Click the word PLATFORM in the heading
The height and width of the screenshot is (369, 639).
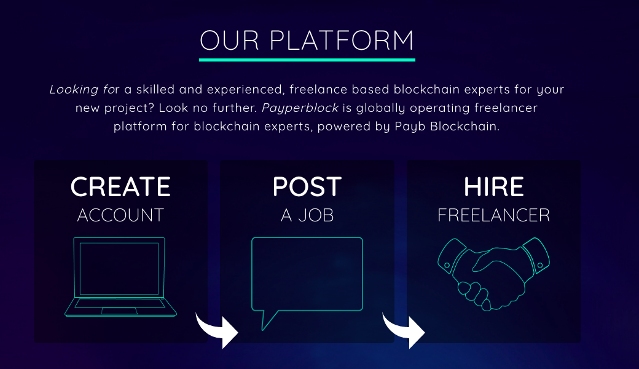(x=342, y=41)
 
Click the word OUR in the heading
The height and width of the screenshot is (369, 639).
(x=229, y=41)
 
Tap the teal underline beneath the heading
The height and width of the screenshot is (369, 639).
(x=307, y=60)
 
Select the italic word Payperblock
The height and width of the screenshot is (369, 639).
(x=300, y=108)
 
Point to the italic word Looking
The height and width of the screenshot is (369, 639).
(x=74, y=90)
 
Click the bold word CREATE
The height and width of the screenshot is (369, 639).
(x=120, y=187)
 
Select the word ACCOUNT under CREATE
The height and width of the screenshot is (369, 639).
(x=120, y=215)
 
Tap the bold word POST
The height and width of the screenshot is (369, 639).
(x=307, y=187)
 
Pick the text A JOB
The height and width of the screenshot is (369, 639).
(x=307, y=215)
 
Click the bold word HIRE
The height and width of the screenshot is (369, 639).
(x=493, y=187)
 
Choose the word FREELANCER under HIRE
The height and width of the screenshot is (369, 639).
(x=493, y=215)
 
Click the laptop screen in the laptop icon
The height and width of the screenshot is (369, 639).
(x=119, y=268)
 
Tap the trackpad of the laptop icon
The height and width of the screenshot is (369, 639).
(x=119, y=311)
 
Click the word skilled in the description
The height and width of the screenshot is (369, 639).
(x=155, y=89)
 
